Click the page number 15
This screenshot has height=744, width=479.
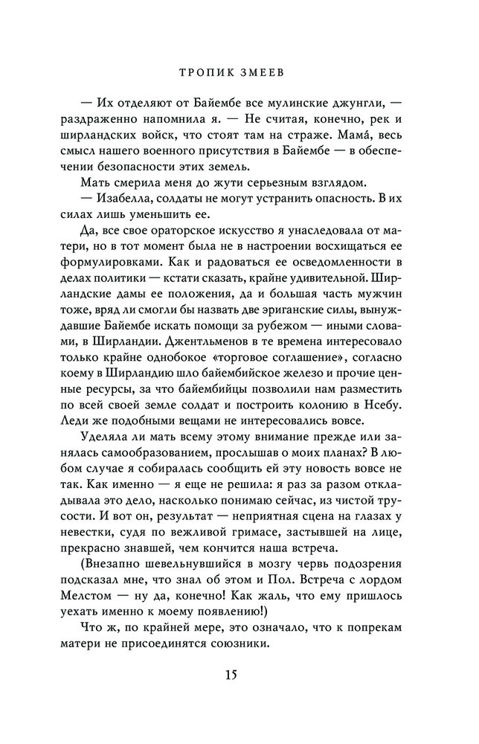pyautogui.click(x=239, y=674)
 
